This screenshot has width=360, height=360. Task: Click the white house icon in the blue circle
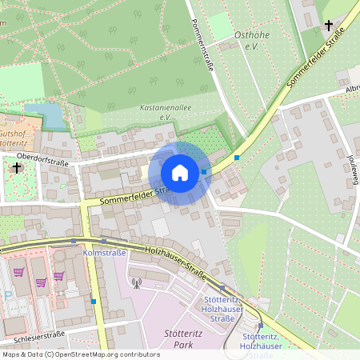click(x=179, y=173)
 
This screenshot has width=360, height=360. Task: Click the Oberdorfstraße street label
click(x=43, y=160)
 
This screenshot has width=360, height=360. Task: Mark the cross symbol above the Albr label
click(x=328, y=26)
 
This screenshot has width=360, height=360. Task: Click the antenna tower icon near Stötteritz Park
click(x=136, y=282)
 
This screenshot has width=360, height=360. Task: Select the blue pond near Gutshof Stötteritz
click(x=46, y=117)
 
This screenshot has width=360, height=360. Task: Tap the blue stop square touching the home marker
click(x=205, y=171)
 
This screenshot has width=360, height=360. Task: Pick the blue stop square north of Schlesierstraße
click(x=94, y=302)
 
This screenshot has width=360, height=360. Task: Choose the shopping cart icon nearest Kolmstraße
click(x=58, y=275)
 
